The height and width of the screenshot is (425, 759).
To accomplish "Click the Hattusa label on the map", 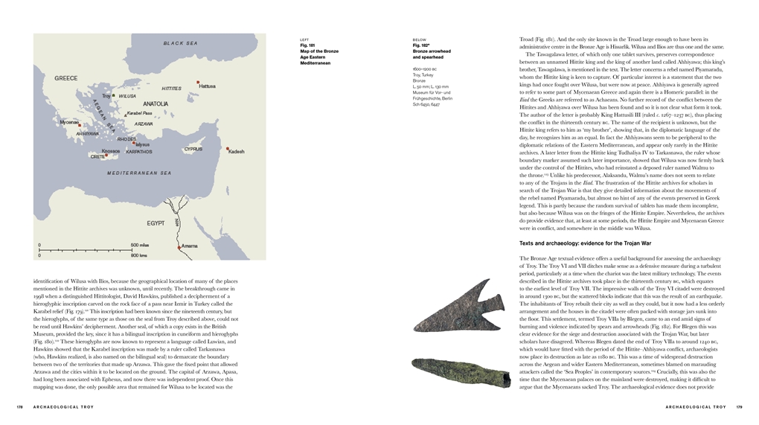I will click(x=208, y=86).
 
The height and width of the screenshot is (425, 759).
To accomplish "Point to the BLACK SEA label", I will click(x=180, y=44).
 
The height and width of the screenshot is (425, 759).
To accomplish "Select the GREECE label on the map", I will click(x=66, y=78).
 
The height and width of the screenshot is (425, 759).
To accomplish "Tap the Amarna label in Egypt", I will click(x=190, y=246).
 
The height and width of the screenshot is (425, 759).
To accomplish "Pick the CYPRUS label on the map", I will click(x=193, y=149).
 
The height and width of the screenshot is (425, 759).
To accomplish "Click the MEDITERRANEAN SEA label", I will click(x=139, y=173).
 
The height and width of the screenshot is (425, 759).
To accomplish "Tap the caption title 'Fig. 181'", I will click(x=307, y=45).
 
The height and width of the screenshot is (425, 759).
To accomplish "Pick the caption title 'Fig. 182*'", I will click(x=423, y=45).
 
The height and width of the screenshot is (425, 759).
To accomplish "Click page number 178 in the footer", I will click(x=20, y=407).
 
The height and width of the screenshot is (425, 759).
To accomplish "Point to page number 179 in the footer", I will click(x=739, y=407).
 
